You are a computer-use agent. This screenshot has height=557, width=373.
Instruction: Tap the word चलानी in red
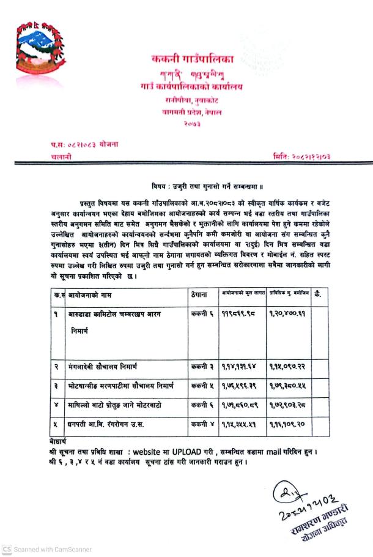point(60,157)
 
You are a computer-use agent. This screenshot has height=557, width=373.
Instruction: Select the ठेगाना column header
point(202,294)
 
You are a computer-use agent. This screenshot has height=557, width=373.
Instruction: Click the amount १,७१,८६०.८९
point(239,406)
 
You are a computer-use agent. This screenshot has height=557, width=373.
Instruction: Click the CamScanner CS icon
point(6,549)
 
